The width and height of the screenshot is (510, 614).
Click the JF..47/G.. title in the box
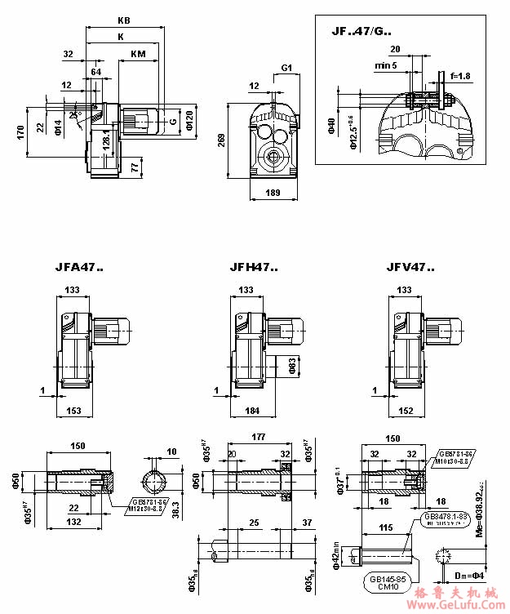pyautogui.click(x=361, y=32)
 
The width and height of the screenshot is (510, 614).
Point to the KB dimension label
pyautogui.click(x=124, y=19)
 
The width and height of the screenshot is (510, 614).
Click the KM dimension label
pyautogui.click(x=138, y=54)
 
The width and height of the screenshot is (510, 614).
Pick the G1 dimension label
pyautogui.click(x=287, y=66)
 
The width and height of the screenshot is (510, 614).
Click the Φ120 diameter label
pyautogui.click(x=188, y=119)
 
